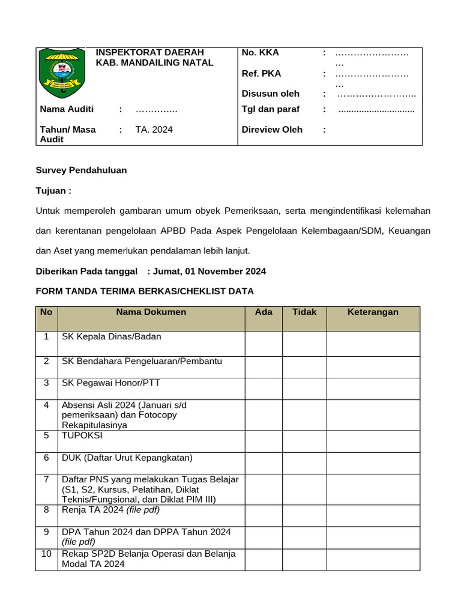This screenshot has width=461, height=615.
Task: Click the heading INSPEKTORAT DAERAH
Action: pyautogui.click(x=150, y=52)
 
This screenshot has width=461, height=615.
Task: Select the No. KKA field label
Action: pyautogui.click(x=260, y=52)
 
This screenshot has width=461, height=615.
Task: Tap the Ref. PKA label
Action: pyautogui.click(x=261, y=73)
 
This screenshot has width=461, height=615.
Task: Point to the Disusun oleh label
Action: pyautogui.click(x=270, y=93)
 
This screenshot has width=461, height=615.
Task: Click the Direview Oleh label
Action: pyautogui.click(x=272, y=129)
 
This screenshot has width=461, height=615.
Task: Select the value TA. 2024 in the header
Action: pyautogui.click(x=154, y=129)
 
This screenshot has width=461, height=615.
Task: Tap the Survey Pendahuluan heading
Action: pyautogui.click(x=81, y=170)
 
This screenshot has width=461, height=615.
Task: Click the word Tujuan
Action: pyautogui.click(x=52, y=190)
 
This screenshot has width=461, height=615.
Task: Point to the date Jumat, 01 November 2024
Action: pyautogui.click(x=209, y=271)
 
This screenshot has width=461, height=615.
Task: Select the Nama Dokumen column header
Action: pyautogui.click(x=151, y=312)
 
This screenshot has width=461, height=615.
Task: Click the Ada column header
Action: pyautogui.click(x=264, y=312)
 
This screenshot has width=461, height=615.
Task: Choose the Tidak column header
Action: pyautogui.click(x=304, y=312)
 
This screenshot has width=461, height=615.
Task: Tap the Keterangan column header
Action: pyautogui.click(x=373, y=312)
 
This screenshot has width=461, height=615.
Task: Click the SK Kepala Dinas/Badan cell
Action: pyautogui.click(x=112, y=336)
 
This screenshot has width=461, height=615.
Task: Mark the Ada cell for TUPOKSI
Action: pyautogui.click(x=264, y=441)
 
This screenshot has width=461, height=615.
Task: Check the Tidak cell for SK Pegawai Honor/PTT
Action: pyautogui.click(x=304, y=389)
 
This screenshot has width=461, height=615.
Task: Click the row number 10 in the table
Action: pyautogui.click(x=46, y=554)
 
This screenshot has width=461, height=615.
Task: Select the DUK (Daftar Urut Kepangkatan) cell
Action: pyautogui.click(x=127, y=458)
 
